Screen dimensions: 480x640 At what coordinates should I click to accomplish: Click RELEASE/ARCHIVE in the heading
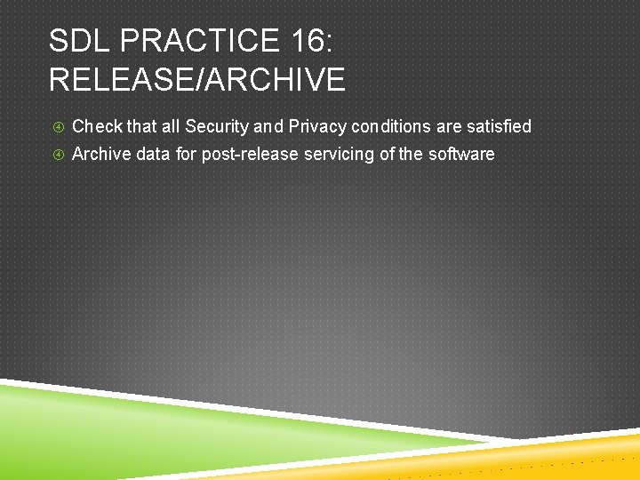click(x=196, y=80)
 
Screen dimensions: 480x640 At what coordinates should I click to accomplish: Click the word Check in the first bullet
click(x=97, y=126)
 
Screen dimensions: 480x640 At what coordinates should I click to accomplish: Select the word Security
click(x=217, y=126)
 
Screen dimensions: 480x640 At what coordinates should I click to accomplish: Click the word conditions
click(x=391, y=126)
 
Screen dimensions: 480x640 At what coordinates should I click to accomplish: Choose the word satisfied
click(x=498, y=126)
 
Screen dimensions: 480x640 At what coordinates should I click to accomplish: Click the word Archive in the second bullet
click(x=100, y=154)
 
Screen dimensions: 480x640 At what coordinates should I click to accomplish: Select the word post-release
click(x=251, y=154)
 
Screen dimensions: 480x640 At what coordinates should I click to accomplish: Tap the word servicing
click(x=340, y=154)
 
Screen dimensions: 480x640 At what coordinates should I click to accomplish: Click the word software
click(x=461, y=154)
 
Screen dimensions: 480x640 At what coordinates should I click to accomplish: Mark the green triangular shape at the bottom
click(x=133, y=427)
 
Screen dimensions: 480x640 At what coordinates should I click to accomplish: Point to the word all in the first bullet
click(x=170, y=126)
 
